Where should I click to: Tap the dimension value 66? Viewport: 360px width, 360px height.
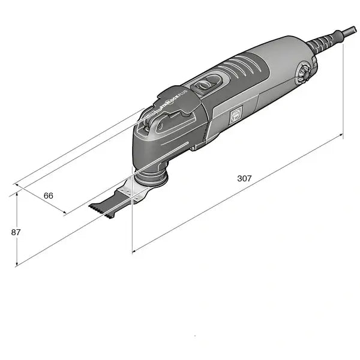pyautogui.click(x=49, y=196)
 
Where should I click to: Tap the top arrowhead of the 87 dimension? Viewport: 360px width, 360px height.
pyautogui.click(x=18, y=195)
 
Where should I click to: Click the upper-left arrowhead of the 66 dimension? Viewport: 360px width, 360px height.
pyautogui.click(x=18, y=186)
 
